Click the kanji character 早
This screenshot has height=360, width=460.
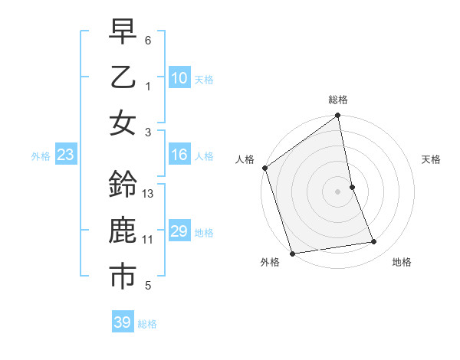pos(123,32)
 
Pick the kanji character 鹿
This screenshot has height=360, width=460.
pos(123,231)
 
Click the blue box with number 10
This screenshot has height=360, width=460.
pos(179,78)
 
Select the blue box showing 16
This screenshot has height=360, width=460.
pos(179,155)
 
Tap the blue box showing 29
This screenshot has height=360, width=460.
pos(179,232)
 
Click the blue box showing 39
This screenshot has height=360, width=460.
pos(123,322)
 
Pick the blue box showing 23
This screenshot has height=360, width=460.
pos(66,155)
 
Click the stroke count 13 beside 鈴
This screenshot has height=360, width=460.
pos(149,194)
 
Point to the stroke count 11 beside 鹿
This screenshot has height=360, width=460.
pos(148,240)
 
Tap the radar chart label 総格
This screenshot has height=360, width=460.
pos(338,100)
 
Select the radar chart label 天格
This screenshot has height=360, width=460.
pos(431,159)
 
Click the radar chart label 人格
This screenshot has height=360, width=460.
pos(245,159)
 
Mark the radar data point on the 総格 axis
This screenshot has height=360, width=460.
pos(338,116)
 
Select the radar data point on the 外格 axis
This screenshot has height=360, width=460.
pos(292,254)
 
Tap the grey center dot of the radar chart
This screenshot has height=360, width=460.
pos(338,191)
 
